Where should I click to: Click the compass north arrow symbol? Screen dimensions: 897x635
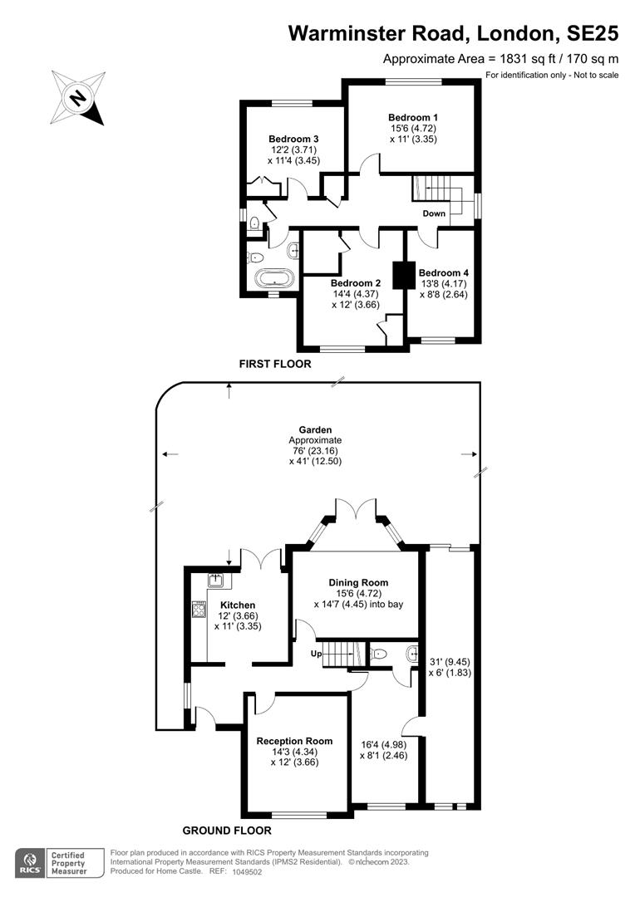(x=77, y=97)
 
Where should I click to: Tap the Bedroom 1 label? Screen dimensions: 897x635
(x=413, y=116)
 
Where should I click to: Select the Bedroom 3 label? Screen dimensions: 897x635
(x=293, y=138)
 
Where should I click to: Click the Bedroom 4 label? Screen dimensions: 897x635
(x=444, y=272)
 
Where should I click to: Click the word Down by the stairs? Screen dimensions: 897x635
(x=434, y=213)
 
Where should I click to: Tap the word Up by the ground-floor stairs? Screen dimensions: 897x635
(x=315, y=654)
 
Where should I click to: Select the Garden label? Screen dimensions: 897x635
(x=315, y=429)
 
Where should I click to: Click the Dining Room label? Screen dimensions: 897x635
(x=358, y=582)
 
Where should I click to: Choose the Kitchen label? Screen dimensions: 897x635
(x=238, y=605)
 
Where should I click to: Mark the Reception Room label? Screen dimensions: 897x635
(x=294, y=741)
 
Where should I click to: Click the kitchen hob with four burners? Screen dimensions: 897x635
(x=199, y=610)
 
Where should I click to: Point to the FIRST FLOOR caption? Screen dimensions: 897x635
(x=274, y=364)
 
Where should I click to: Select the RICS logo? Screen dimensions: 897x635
(x=31, y=862)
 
